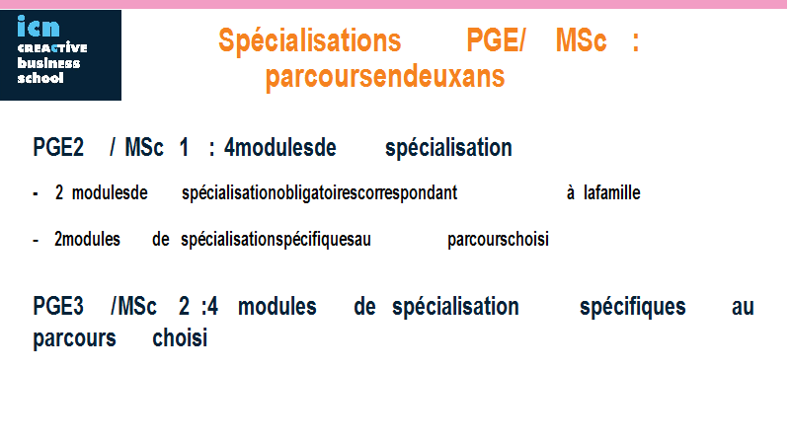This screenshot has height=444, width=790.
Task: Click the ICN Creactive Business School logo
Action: tap(60, 55)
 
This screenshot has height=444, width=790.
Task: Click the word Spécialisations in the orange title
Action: tap(310, 40)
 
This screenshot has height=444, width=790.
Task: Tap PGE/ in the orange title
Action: tap(496, 39)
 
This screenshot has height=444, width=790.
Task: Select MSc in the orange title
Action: tap(581, 39)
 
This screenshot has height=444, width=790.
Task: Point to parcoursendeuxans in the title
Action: tap(385, 77)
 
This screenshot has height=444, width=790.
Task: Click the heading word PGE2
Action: tap(58, 147)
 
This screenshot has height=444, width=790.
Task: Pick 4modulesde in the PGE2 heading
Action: tap(280, 147)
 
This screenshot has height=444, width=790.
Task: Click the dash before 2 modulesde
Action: tap(36, 193)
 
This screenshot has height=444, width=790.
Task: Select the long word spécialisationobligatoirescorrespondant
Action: tap(319, 193)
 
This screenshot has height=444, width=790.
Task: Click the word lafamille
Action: tap(611, 192)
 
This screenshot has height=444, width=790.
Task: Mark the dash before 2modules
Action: tap(36, 240)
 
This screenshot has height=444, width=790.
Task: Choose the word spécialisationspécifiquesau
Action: tap(276, 240)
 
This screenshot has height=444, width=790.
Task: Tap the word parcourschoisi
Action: tap(498, 240)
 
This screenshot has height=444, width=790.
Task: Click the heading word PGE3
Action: tap(58, 307)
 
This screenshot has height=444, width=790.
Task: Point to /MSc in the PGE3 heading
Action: tap(133, 307)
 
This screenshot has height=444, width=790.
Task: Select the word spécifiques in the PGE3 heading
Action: tap(632, 308)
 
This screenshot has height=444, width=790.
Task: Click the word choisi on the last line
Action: tap(180, 338)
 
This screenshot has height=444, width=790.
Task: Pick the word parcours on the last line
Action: tap(75, 339)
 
